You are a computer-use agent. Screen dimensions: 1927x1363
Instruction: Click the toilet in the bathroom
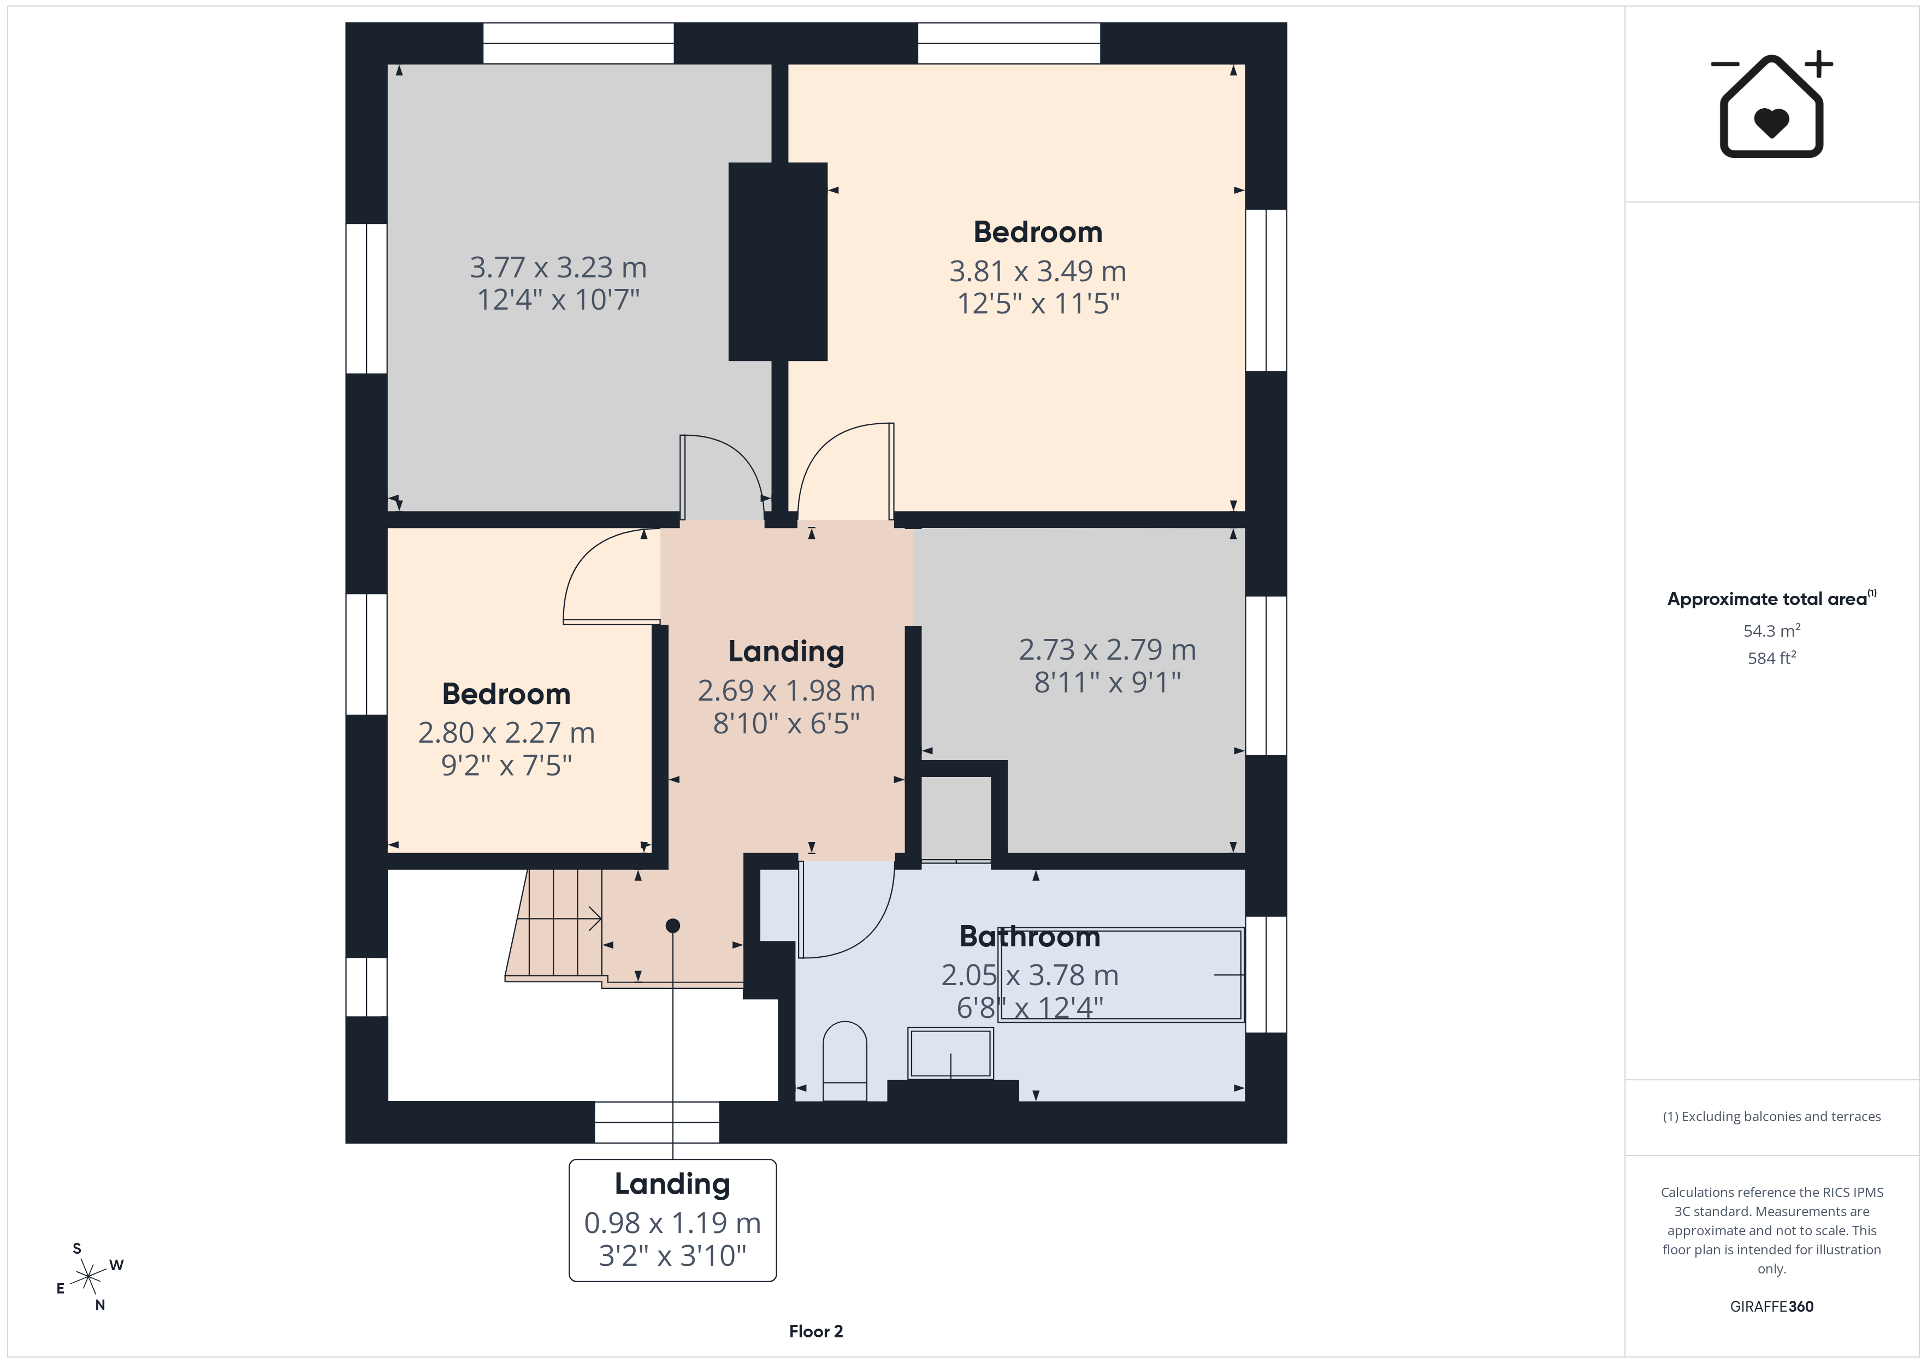(x=844, y=1061)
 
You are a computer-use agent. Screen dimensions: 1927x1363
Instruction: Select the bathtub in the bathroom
(x=1120, y=974)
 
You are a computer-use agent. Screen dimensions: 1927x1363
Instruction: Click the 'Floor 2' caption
(x=816, y=1331)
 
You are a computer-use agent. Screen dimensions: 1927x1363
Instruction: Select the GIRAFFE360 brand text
(x=1772, y=1306)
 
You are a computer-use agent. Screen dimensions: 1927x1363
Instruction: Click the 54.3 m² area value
(x=1772, y=630)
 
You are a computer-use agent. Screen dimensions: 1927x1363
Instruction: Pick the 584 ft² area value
(x=1772, y=658)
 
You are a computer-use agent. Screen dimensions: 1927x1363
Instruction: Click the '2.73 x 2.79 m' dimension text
(x=1107, y=650)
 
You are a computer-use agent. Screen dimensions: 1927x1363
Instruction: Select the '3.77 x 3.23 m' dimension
(x=558, y=268)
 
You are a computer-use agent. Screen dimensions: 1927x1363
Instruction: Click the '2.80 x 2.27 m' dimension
(x=506, y=733)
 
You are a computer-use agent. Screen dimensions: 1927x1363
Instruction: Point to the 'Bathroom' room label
(x=1030, y=936)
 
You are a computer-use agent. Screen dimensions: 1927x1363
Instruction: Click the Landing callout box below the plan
(x=672, y=1220)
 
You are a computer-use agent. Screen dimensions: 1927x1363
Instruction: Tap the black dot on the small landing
(x=672, y=926)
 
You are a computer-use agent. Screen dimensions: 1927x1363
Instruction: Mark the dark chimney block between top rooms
(x=778, y=262)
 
